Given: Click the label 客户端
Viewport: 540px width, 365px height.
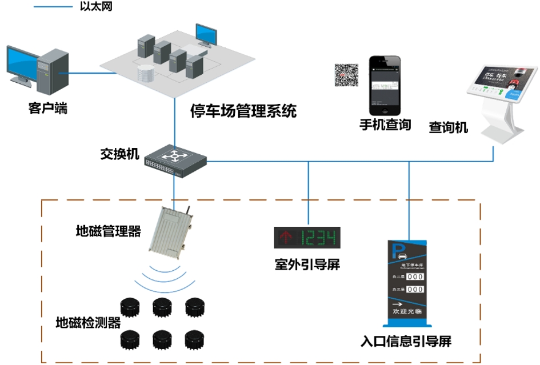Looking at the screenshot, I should [x=47, y=108].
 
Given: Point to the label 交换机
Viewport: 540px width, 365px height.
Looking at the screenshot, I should [x=119, y=154].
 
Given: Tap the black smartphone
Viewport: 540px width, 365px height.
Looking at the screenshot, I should [x=383, y=85].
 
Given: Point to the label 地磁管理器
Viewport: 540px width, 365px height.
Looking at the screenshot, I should [x=108, y=231].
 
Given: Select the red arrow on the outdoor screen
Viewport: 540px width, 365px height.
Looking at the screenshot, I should [x=285, y=236].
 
